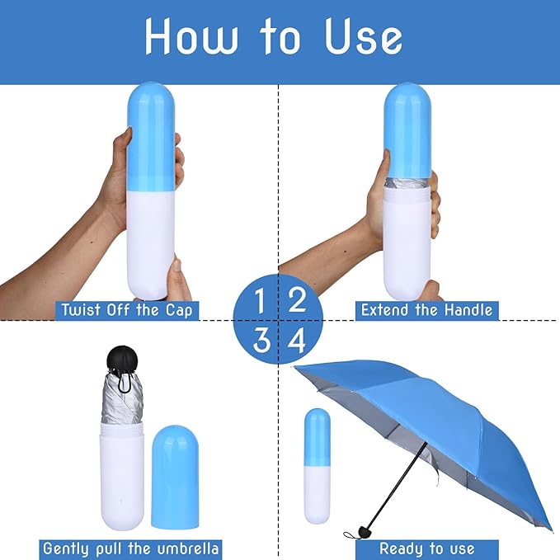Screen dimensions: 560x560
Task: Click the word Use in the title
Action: tap(364, 35)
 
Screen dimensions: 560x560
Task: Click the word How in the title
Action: tap(191, 35)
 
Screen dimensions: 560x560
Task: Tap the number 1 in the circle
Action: tap(260, 301)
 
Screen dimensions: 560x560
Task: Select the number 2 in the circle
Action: tap(297, 300)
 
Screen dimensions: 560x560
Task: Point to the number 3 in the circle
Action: tap(261, 341)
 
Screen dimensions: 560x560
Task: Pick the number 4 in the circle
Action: tap(297, 341)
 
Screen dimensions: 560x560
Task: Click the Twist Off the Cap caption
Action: tap(127, 310)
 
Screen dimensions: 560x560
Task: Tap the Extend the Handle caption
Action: tap(426, 310)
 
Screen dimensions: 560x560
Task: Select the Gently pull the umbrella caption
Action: tap(130, 549)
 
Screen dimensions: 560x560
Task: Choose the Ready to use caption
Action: tap(426, 549)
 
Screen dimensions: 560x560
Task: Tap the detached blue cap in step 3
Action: tap(175, 477)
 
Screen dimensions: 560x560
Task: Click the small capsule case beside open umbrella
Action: tap(318, 466)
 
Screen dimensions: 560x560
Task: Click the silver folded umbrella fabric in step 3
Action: tap(122, 398)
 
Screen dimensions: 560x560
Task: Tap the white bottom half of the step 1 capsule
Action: tap(151, 245)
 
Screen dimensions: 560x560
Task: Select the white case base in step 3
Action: tap(122, 476)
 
